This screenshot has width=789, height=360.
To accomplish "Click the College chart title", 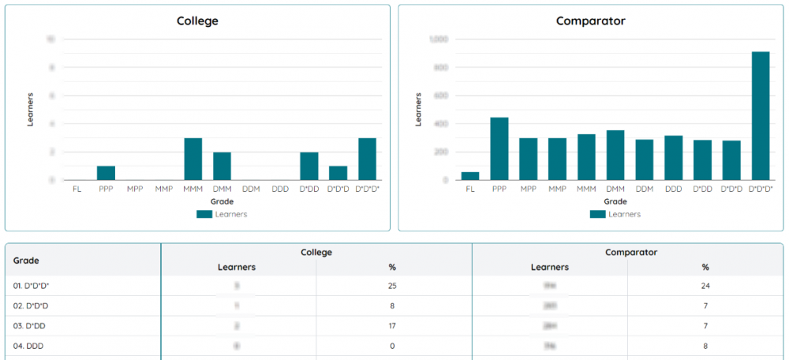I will click(197, 21).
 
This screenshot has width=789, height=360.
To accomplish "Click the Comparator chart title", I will click(591, 21).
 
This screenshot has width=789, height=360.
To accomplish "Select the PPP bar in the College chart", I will click(106, 173).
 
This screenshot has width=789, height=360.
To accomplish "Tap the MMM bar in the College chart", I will click(193, 159).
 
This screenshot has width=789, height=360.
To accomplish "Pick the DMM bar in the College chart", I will click(222, 166).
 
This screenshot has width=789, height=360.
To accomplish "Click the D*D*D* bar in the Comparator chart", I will click(761, 116).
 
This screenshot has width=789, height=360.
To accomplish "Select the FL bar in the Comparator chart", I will click(470, 176).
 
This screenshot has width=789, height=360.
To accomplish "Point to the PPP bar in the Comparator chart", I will click(499, 148).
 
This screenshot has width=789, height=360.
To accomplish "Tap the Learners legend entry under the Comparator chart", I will click(615, 214).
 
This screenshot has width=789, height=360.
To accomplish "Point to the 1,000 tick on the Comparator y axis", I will click(438, 39).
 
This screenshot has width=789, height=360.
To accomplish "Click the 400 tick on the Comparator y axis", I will click(440, 124).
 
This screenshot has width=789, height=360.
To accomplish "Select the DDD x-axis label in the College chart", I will click(280, 189).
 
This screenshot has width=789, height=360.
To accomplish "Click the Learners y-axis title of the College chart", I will click(31, 110).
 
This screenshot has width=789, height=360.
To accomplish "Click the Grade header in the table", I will click(26, 260).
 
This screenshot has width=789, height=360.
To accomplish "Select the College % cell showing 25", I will click(392, 285).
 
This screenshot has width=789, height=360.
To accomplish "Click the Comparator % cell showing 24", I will click(705, 285).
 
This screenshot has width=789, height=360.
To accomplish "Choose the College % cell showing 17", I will click(392, 325).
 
